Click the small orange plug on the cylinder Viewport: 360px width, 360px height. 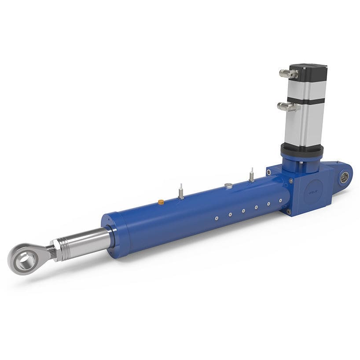(x=161, y=202)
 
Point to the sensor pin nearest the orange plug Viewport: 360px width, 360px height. (x=181, y=193)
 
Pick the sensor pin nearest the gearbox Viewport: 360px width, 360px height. (x=251, y=175)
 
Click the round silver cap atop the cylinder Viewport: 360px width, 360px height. (x=228, y=186)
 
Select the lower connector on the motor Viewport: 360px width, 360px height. (x=287, y=106)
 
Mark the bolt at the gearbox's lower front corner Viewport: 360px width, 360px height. (x=289, y=212)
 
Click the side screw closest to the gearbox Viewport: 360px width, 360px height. (x=280, y=201)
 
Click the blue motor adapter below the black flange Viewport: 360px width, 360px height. (x=299, y=162)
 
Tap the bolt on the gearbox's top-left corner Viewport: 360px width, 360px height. (x=268, y=173)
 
